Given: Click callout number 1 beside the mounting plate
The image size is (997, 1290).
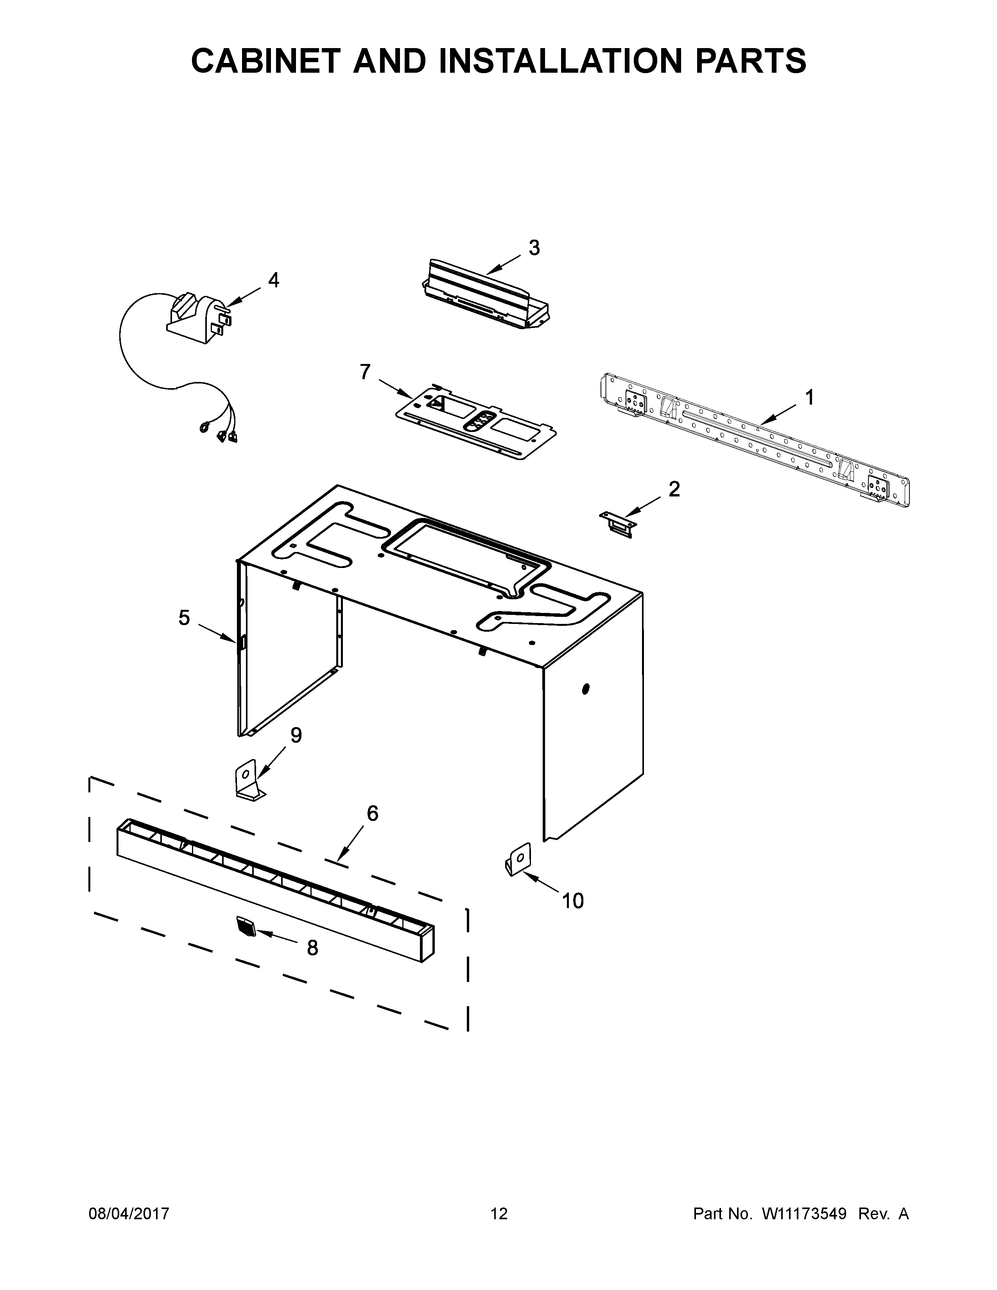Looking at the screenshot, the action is point(809,398).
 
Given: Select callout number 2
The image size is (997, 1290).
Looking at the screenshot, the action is point(674,489).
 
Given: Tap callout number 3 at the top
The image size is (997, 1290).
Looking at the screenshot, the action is point(534,248).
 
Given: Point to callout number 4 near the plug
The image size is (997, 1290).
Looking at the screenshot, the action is point(273,280).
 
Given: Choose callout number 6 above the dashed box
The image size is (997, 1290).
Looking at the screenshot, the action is point(372,813).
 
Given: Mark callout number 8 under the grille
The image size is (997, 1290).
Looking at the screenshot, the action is point(312,948).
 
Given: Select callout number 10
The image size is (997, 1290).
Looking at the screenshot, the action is point(572,901).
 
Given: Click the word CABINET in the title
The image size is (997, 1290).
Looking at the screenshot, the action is point(266,61).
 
